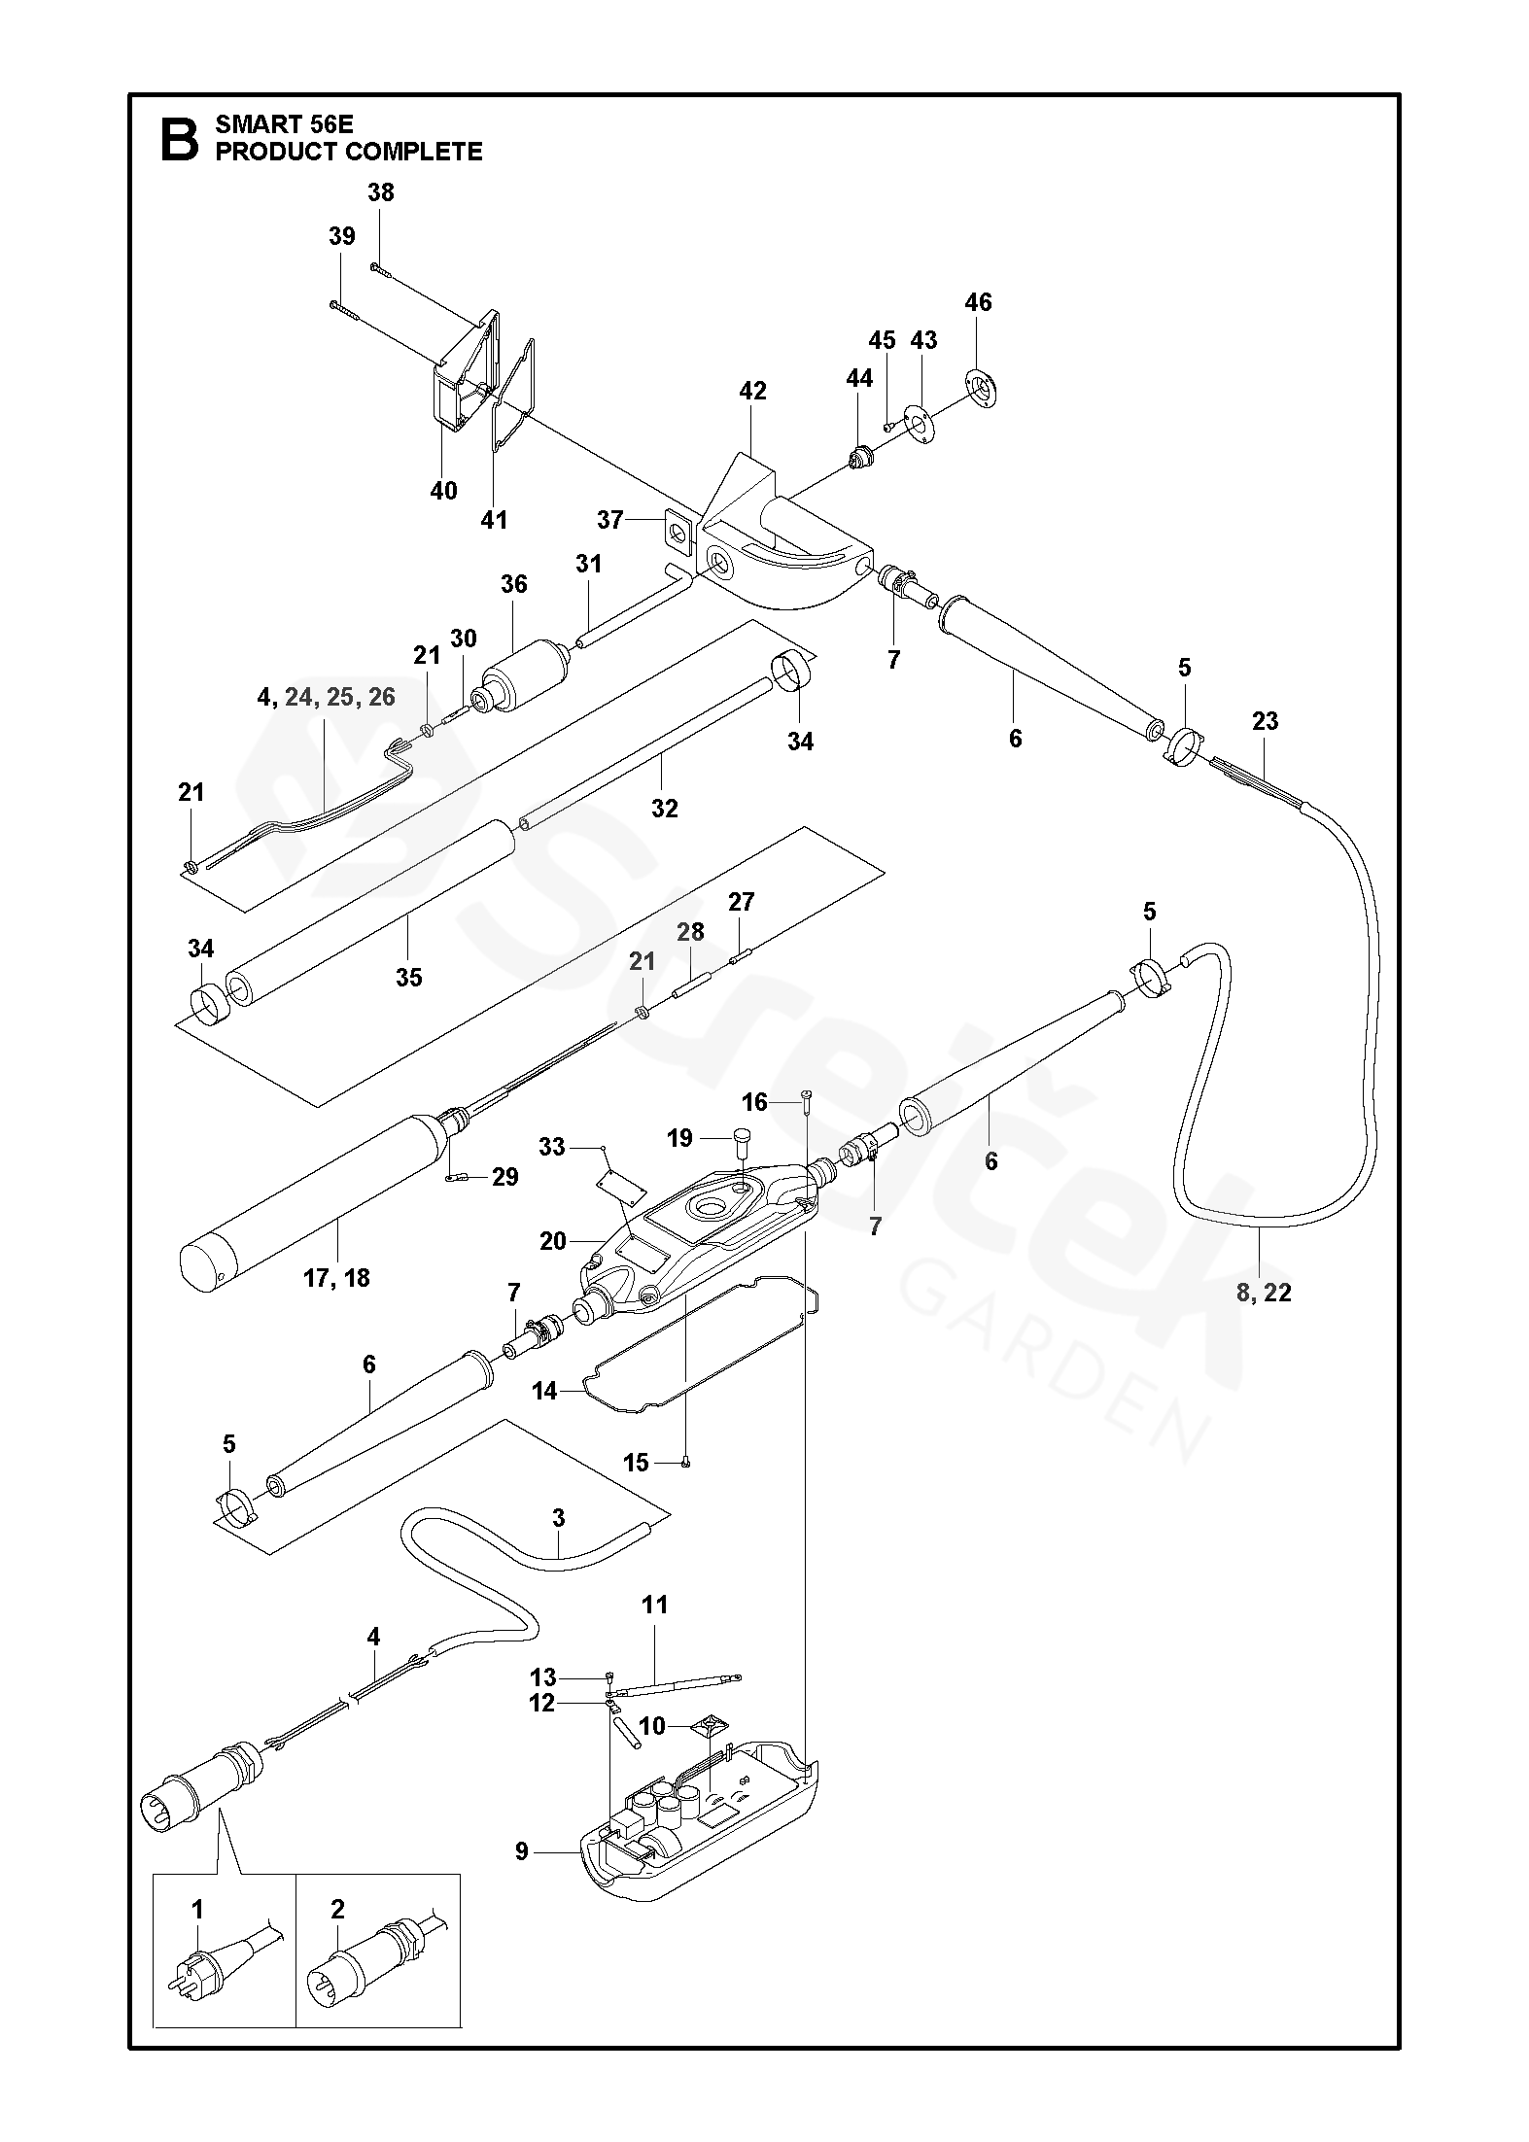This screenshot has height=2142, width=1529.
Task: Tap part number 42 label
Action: [x=752, y=391]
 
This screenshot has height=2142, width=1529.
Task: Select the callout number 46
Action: [x=978, y=302]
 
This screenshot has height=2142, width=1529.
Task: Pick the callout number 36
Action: [x=513, y=583]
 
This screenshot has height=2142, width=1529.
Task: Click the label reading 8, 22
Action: [x=1264, y=1292]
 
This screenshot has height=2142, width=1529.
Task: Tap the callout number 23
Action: [x=1265, y=721]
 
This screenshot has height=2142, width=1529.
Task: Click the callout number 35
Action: [x=408, y=977]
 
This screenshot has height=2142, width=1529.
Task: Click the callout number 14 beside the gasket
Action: [x=544, y=1391]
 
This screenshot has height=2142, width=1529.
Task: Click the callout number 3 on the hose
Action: [x=558, y=1518]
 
